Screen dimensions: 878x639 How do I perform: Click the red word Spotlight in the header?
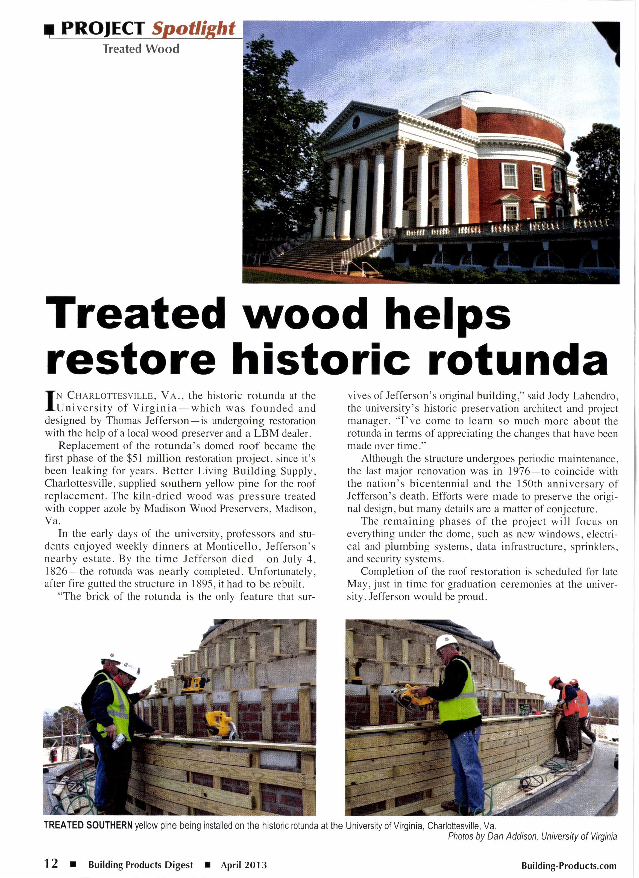[194, 29]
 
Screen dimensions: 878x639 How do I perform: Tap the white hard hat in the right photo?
[447, 643]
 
